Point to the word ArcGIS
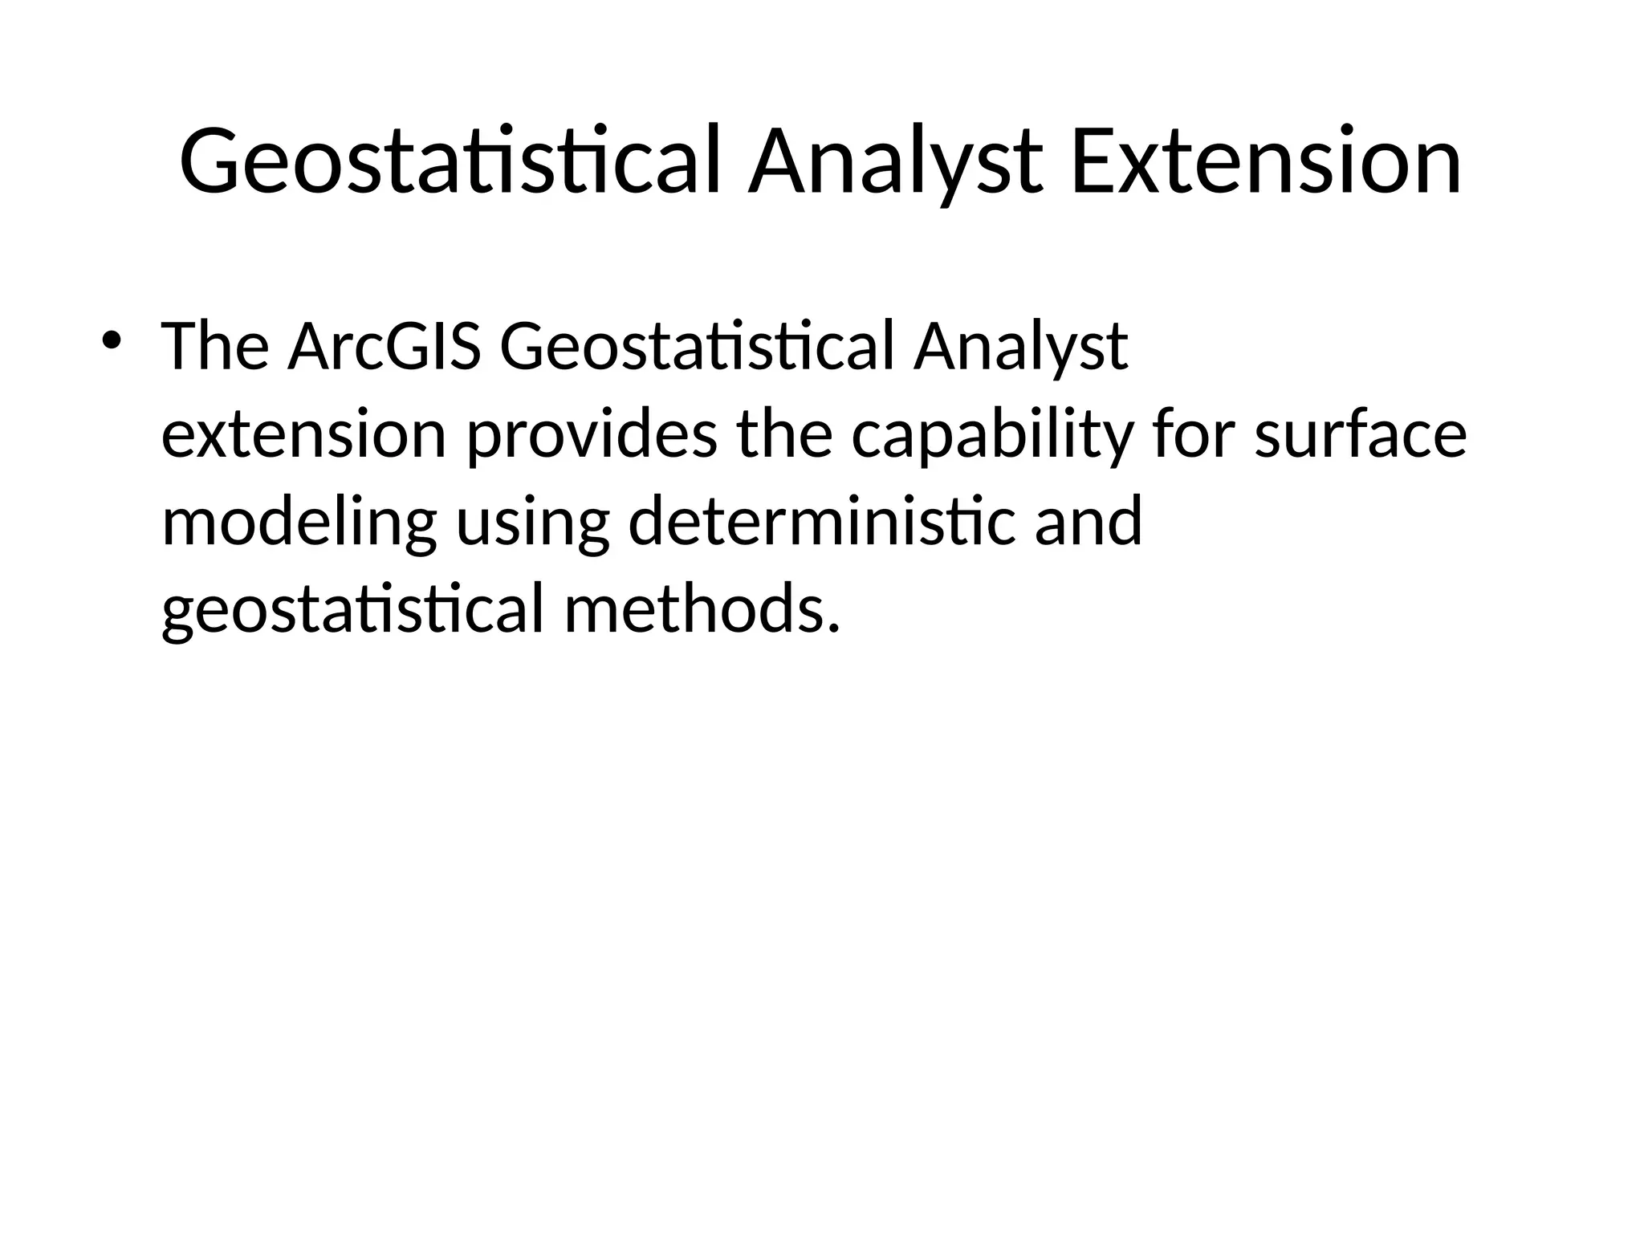point(385,347)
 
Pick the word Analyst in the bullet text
point(1020,347)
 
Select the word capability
point(992,435)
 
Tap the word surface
point(1361,435)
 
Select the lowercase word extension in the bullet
point(303,435)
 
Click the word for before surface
point(1194,435)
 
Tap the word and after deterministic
point(1088,522)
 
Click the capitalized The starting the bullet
point(215,347)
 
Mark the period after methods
point(833,626)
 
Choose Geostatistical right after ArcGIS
point(696,347)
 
